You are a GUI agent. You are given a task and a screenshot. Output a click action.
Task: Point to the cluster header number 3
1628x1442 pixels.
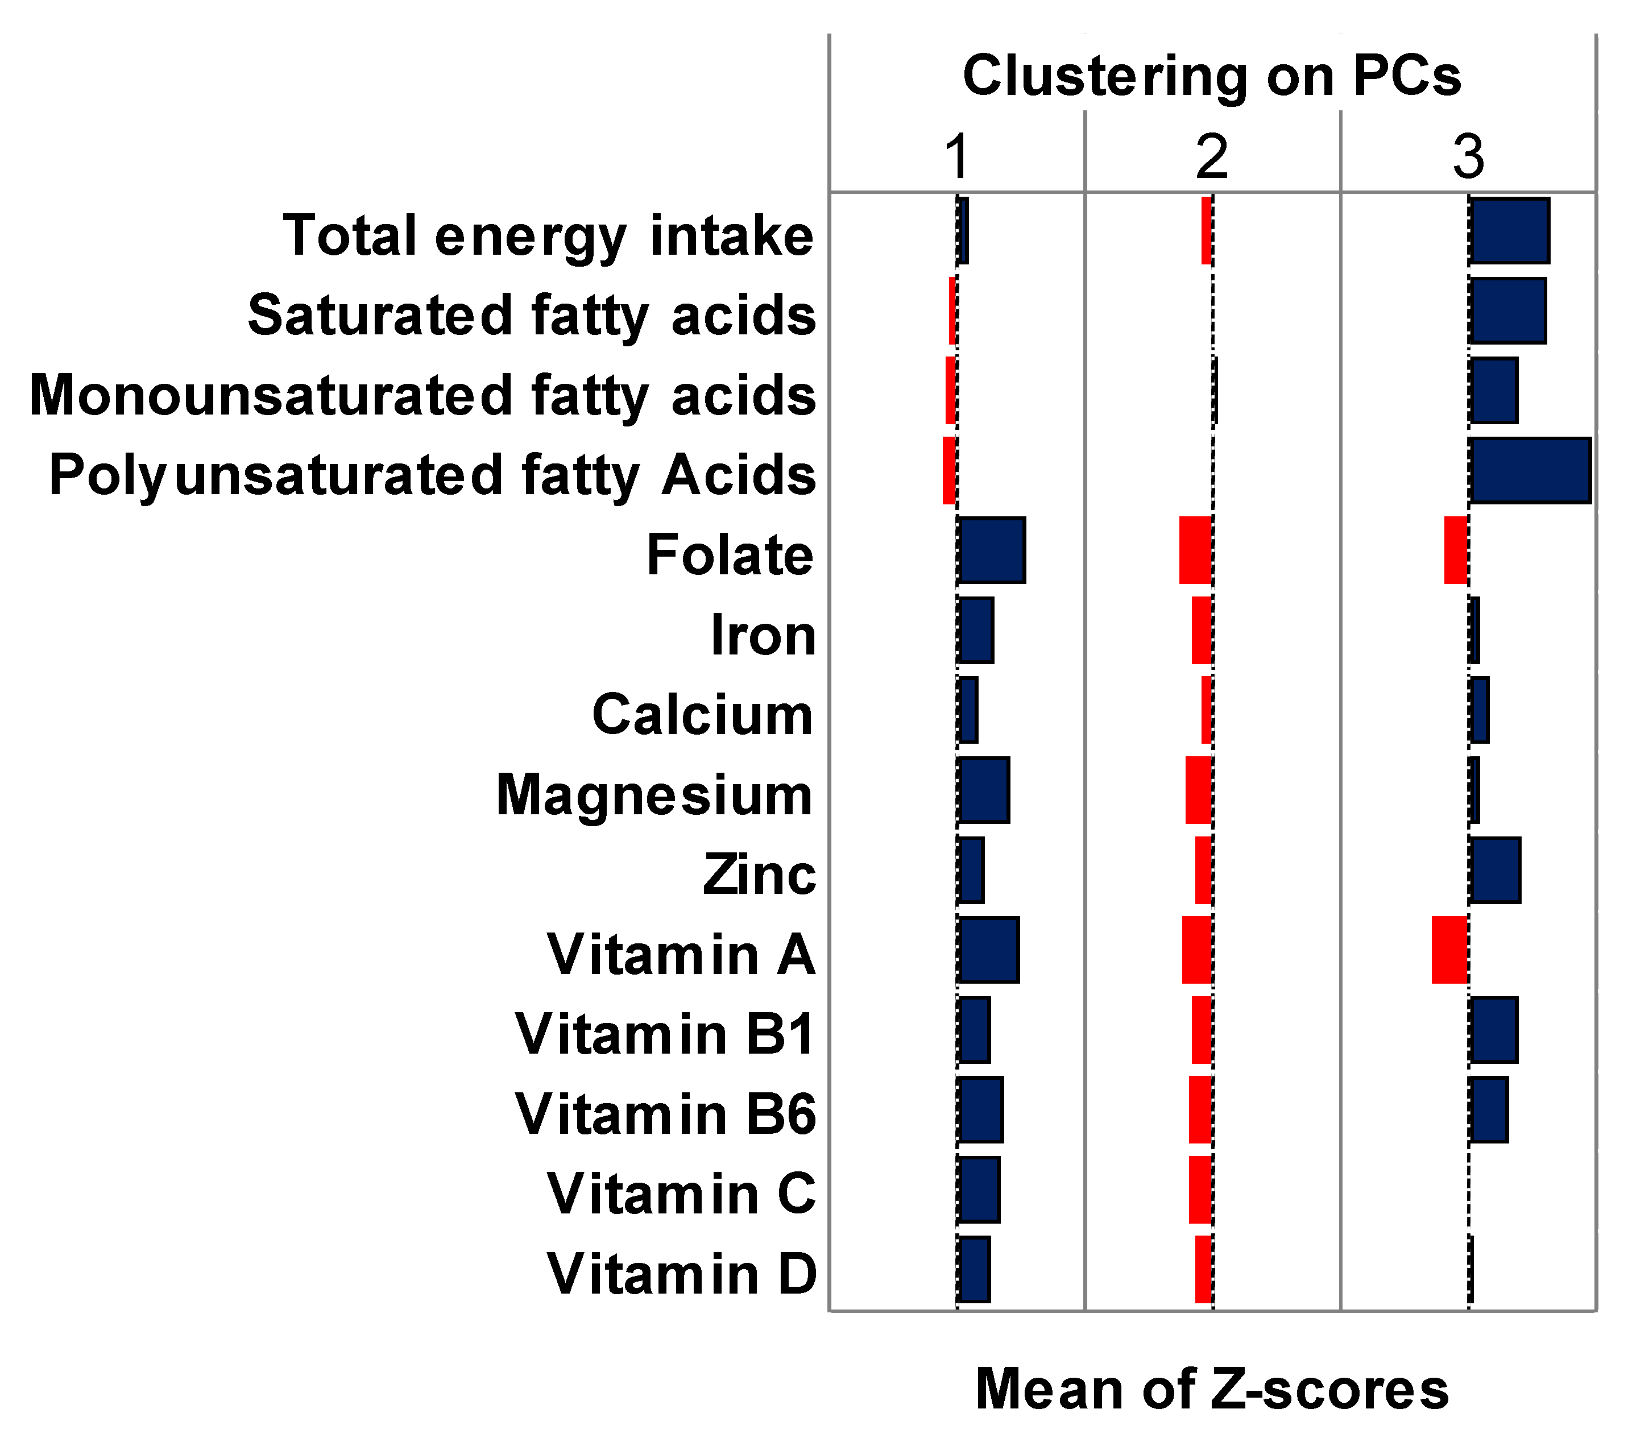pyautogui.click(x=1468, y=157)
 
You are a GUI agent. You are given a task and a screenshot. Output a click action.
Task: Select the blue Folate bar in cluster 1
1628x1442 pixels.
pyautogui.click(x=992, y=550)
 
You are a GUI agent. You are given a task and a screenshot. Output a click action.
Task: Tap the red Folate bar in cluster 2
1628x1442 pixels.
pyautogui.click(x=1195, y=550)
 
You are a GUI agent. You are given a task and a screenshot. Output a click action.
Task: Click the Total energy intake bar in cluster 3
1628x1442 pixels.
pyautogui.click(x=1509, y=231)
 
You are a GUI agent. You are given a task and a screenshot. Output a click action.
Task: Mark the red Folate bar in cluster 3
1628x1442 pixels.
pyautogui.click(x=1456, y=550)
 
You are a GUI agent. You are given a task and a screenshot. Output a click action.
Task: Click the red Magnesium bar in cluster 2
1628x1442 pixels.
pyautogui.click(x=1199, y=790)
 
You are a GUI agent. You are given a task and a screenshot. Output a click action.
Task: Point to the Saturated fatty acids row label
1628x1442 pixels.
pyautogui.click(x=531, y=316)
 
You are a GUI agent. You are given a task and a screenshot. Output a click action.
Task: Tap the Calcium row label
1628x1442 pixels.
pyautogui.click(x=702, y=714)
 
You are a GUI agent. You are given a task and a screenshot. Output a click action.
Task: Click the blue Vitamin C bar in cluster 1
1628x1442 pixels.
pyautogui.click(x=979, y=1190)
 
